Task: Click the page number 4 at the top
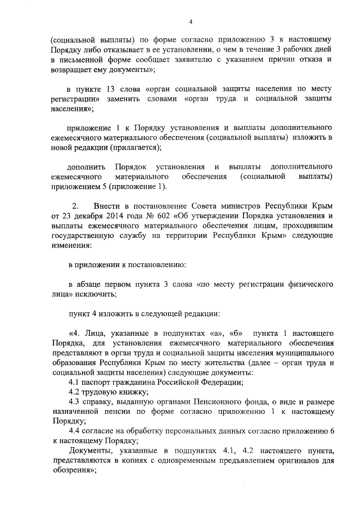[x=191, y=21]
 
